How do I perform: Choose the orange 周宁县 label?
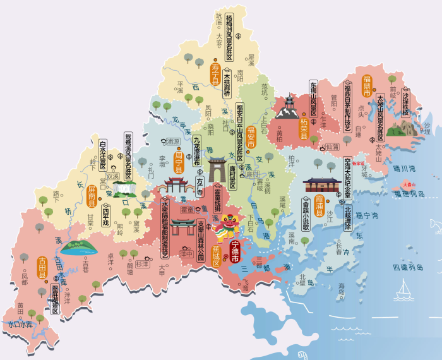179,162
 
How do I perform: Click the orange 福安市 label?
251,137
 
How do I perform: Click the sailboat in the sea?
402,292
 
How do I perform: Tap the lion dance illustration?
226,227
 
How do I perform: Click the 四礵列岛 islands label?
409,267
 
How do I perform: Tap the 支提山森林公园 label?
201,241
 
